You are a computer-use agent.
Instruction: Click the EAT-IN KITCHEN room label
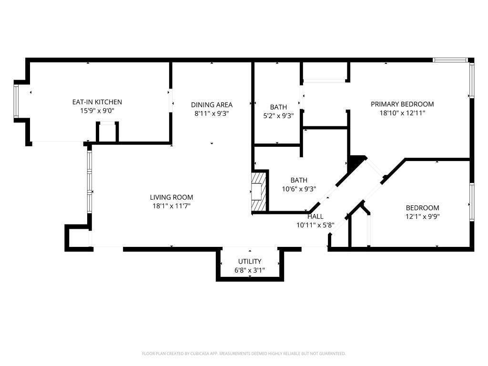pyautogui.click(x=97, y=102)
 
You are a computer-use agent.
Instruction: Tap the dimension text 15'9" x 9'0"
pyautogui.click(x=97, y=111)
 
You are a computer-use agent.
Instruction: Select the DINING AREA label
pyautogui.click(x=212, y=105)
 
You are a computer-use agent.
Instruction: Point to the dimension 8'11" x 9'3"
pyautogui.click(x=212, y=113)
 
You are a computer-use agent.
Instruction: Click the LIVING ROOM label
pyautogui.click(x=172, y=197)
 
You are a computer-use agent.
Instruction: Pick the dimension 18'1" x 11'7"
pyautogui.click(x=172, y=206)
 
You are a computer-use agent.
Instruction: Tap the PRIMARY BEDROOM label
pyautogui.click(x=402, y=104)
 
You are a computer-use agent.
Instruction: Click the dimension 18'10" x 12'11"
pyautogui.click(x=402, y=113)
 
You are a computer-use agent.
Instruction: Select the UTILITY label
pyautogui.click(x=250, y=261)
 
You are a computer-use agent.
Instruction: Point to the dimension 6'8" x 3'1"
pyautogui.click(x=250, y=270)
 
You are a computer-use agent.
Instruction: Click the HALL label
pyautogui.click(x=315, y=216)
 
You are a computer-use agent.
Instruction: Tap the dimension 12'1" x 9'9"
pyautogui.click(x=422, y=216)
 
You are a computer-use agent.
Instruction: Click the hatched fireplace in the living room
pyautogui.click(x=258, y=192)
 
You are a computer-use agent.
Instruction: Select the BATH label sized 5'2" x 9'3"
pyautogui.click(x=278, y=107)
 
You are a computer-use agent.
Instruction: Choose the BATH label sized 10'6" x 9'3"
pyautogui.click(x=299, y=180)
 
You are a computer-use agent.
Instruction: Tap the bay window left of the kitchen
pyautogui.click(x=16, y=101)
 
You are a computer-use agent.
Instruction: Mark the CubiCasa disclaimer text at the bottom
pyautogui.click(x=244, y=354)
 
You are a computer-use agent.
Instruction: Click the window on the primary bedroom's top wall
pyautogui.click(x=450, y=60)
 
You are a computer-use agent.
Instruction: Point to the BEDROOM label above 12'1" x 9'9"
pyautogui.click(x=422, y=208)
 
